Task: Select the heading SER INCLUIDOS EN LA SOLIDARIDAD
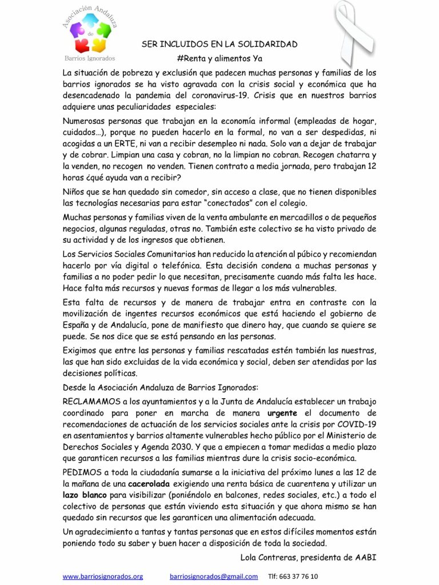tap(219, 44)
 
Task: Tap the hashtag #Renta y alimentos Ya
tap(219, 58)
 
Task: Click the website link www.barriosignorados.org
tap(103, 576)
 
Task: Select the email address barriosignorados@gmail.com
tap(214, 576)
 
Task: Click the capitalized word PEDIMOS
tap(83, 472)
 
